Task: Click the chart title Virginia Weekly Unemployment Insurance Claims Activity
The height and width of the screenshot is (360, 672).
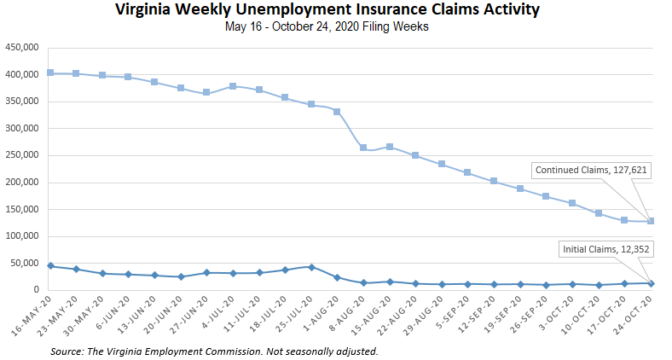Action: (x=337, y=10)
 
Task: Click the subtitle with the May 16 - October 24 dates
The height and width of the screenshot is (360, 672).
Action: (x=337, y=26)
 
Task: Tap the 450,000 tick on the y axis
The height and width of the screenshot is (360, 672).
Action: (x=21, y=48)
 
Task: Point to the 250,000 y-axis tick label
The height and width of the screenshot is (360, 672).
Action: (x=21, y=155)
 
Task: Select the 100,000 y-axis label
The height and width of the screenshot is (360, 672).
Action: (x=21, y=236)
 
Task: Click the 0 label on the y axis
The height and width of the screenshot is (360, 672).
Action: (x=37, y=290)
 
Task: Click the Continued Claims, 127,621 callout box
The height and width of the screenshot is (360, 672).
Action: (x=591, y=170)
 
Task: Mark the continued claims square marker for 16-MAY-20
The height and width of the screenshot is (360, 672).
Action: (x=50, y=73)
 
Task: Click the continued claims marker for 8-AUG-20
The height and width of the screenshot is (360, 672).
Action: (x=363, y=148)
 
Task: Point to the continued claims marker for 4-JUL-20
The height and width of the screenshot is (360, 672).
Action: (x=233, y=86)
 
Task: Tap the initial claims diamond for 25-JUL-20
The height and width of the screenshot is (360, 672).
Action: (x=311, y=267)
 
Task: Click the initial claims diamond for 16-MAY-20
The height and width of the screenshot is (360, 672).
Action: (x=50, y=266)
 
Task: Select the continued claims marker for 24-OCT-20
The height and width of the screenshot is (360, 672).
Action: (x=651, y=221)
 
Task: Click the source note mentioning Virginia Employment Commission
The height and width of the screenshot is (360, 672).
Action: (x=214, y=351)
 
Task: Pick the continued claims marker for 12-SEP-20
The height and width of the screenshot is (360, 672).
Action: (x=494, y=181)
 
